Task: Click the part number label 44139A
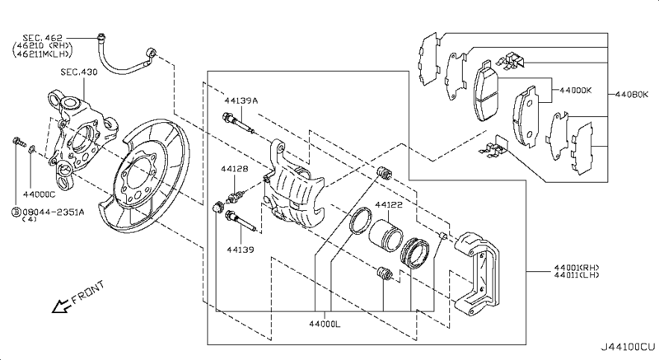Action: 240,101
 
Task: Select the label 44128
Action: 234,169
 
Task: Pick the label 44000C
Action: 38,194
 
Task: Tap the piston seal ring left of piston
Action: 359,222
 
